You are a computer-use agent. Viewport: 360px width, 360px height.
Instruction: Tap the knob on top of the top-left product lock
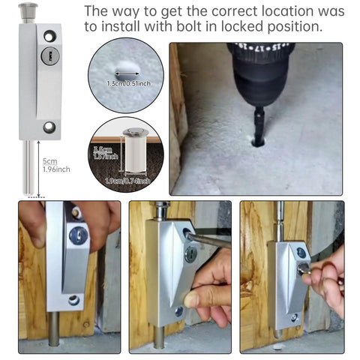[x=29, y=12]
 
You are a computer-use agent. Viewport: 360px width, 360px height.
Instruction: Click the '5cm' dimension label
[x=50, y=160]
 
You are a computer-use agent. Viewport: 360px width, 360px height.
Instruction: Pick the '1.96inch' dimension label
[x=56, y=169]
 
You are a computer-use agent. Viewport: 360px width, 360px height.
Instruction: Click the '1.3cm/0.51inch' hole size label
[x=129, y=83]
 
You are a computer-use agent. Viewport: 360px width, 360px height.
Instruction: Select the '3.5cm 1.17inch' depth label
[x=105, y=153]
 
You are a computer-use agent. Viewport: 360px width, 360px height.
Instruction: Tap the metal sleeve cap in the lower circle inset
[x=134, y=133]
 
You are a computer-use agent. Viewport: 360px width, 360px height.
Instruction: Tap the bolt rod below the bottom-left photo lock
[x=54, y=330]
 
